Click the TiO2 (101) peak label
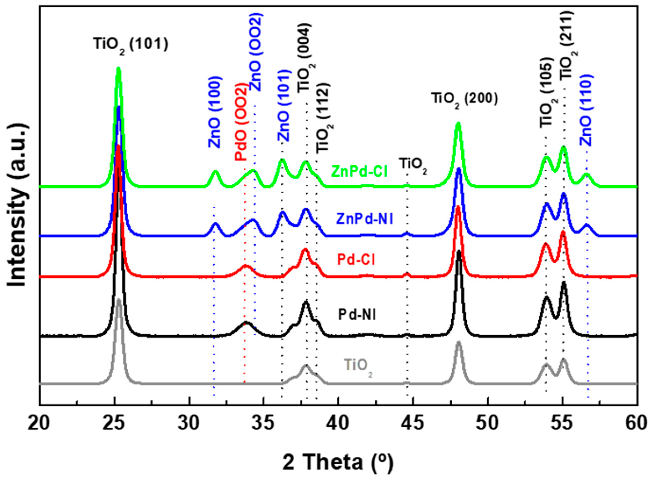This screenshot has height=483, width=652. click(x=131, y=46)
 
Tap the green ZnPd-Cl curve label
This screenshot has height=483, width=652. click(x=359, y=172)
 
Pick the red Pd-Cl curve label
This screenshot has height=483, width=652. click(x=356, y=259)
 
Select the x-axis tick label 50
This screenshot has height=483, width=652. click(x=488, y=424)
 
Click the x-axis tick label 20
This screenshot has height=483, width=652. click(x=39, y=424)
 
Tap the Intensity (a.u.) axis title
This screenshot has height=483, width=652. click(x=18, y=205)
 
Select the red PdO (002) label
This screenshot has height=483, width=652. click(x=241, y=122)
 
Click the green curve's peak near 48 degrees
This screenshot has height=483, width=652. click(x=458, y=124)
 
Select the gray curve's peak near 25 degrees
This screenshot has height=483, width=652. click(x=118, y=300)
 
